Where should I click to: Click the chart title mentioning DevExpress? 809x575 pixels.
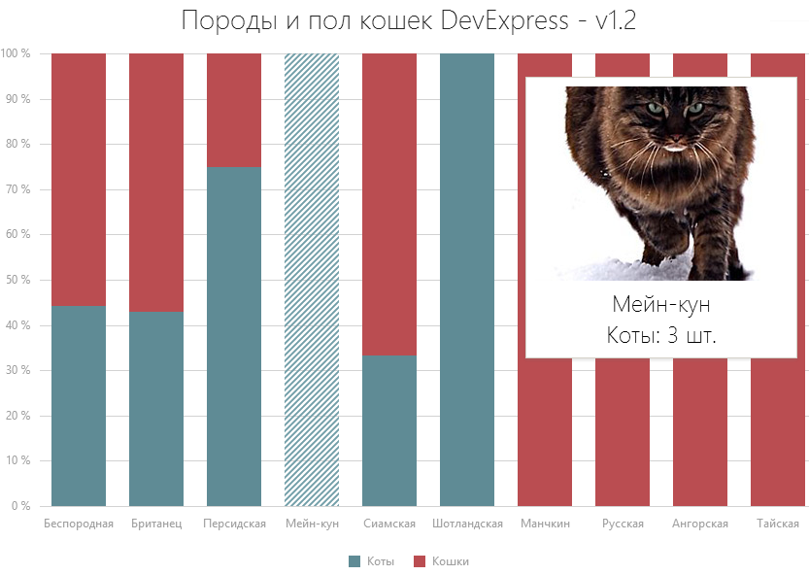pyautogui.click(x=408, y=21)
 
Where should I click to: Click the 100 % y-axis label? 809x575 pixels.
pyautogui.click(x=16, y=53)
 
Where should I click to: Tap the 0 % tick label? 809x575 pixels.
pyautogui.click(x=19, y=506)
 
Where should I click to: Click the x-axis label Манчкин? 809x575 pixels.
pyautogui.click(x=545, y=524)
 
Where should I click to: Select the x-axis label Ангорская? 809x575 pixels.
pyautogui.click(x=700, y=524)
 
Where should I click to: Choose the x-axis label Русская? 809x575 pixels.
pyautogui.click(x=623, y=524)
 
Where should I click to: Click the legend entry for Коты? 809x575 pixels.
pyautogui.click(x=372, y=561)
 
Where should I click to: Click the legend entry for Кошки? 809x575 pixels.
pyautogui.click(x=441, y=561)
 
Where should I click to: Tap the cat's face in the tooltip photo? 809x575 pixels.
pyautogui.click(x=671, y=126)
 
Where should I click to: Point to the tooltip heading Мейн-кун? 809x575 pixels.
pyautogui.click(x=667, y=304)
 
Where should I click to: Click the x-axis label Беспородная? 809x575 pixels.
pyautogui.click(x=79, y=524)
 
